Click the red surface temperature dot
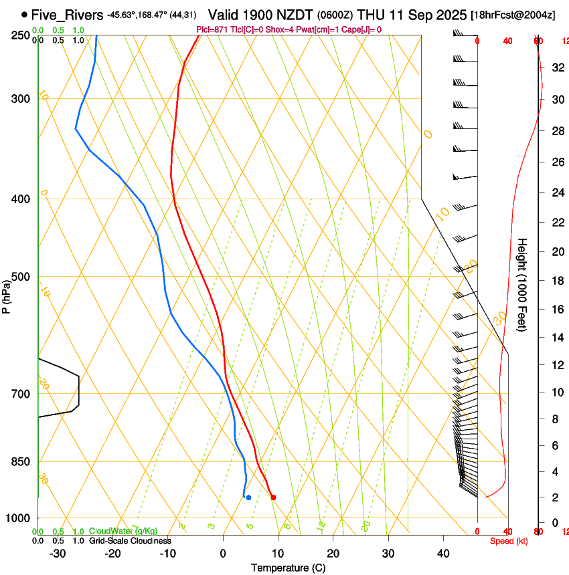coord(273,497)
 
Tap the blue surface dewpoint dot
coord(248,497)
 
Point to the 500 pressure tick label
coord(21,277)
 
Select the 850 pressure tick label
coord(21,461)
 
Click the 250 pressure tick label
coord(21,35)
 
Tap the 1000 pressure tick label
coord(19,518)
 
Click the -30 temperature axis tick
coord(58,554)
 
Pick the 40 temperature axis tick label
coord(443,554)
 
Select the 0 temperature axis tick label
coord(223,554)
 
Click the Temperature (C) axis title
coord(288,568)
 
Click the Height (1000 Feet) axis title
coord(522,285)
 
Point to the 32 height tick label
coord(556,68)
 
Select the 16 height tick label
coord(556,310)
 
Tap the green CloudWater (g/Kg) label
coord(124,532)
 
